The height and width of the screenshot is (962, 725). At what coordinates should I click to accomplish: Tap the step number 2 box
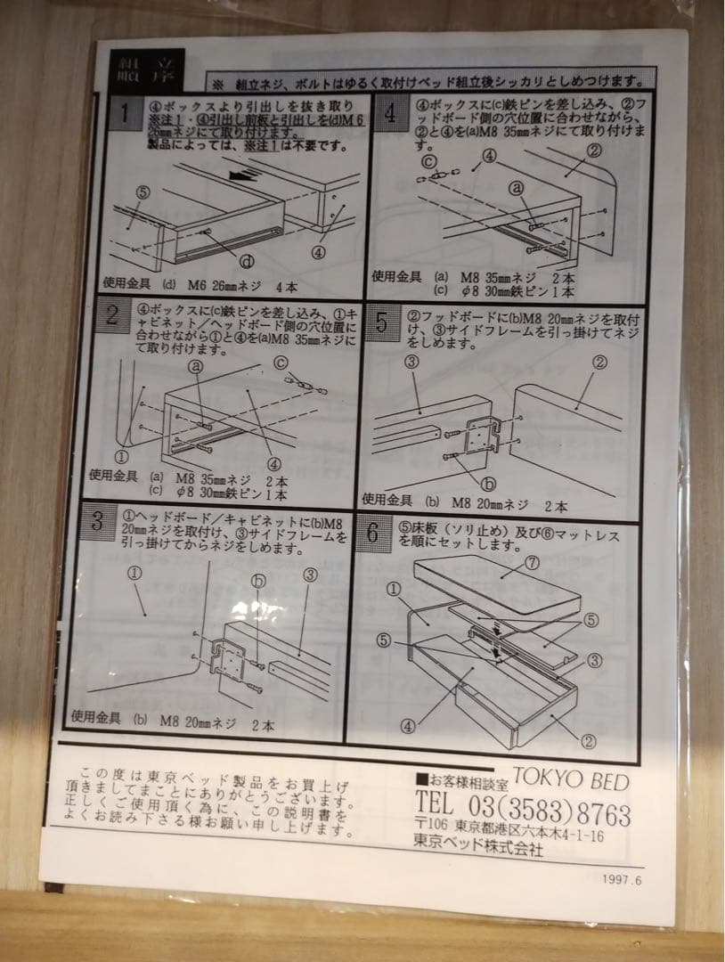pyautogui.click(x=113, y=314)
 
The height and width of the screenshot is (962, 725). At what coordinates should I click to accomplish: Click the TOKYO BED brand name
pyautogui.click(x=570, y=780)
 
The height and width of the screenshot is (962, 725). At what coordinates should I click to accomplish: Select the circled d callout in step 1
pyautogui.click(x=247, y=261)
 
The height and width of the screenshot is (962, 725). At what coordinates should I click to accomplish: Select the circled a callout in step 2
pyautogui.click(x=196, y=365)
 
